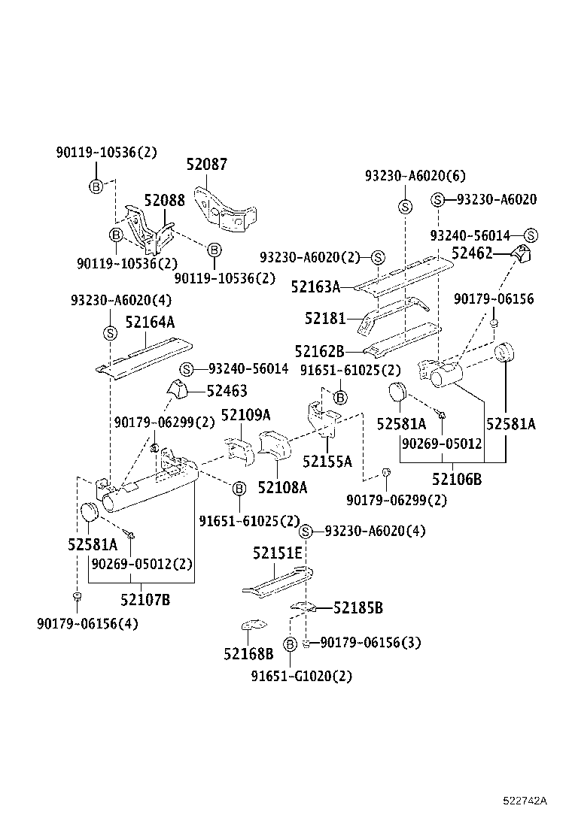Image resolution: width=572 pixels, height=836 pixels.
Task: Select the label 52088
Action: (165, 201)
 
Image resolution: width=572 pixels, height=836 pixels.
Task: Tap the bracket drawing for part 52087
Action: (225, 210)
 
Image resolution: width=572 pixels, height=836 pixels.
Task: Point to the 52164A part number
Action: (150, 322)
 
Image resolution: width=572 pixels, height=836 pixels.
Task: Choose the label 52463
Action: (227, 391)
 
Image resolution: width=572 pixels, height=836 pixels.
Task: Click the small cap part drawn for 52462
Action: (521, 253)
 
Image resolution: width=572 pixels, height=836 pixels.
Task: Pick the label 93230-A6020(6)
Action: (415, 176)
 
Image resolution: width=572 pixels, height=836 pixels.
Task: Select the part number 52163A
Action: (315, 286)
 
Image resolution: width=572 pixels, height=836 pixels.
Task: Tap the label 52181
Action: (324, 319)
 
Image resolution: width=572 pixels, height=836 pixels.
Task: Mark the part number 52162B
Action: (319, 351)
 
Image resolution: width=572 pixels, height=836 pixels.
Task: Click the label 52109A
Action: (245, 415)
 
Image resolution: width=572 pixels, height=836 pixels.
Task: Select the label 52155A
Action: (327, 462)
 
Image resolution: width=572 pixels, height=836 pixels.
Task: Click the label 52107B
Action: (145, 600)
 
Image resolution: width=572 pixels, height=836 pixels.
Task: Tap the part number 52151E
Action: (277, 553)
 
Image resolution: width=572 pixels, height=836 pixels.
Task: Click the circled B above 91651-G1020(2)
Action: (290, 644)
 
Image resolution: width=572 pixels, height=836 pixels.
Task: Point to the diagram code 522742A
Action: (525, 801)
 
